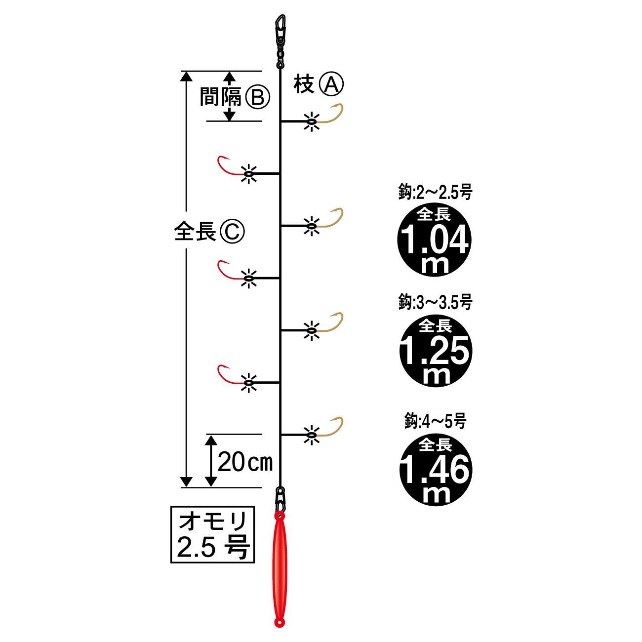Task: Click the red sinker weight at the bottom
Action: (280, 568)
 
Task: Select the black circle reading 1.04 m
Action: (435, 240)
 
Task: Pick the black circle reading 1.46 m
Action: (436, 469)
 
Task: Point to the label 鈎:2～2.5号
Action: (435, 192)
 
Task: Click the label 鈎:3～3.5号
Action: (435, 302)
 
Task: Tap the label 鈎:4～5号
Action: (435, 421)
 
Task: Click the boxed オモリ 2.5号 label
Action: (212, 534)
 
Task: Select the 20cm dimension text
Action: (245, 462)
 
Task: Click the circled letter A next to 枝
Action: (331, 84)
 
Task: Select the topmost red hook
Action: (228, 166)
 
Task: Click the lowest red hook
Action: (228, 375)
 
